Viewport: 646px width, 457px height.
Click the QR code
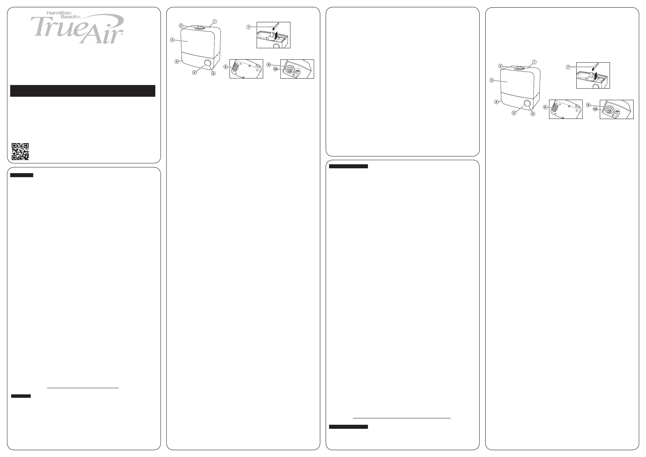[20, 151]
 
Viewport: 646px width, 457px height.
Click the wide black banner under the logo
[83, 91]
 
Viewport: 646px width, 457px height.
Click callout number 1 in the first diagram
[215, 21]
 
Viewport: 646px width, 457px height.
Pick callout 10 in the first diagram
[275, 69]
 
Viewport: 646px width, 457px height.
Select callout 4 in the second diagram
[496, 102]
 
